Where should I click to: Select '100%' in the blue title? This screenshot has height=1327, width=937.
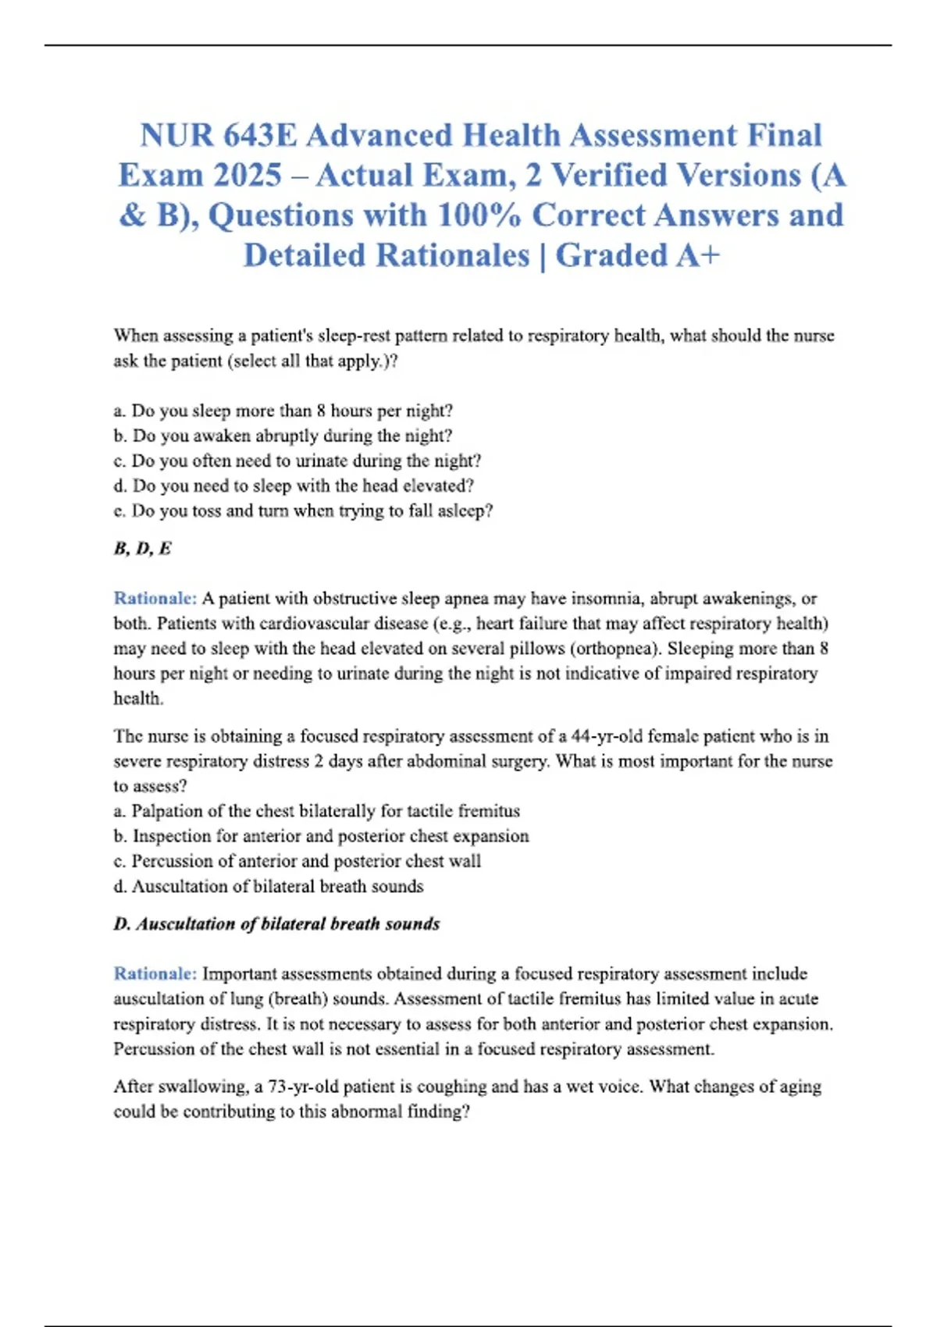pyautogui.click(x=478, y=215)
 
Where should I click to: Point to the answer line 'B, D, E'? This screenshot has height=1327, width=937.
pyautogui.click(x=142, y=548)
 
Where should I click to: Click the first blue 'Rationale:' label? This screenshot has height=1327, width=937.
pyautogui.click(x=155, y=598)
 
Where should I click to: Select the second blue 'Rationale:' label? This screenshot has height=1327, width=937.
pyautogui.click(x=155, y=973)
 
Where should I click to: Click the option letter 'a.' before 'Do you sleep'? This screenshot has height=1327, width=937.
pyautogui.click(x=119, y=411)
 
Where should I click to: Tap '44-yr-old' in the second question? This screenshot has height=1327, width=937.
pyautogui.click(x=607, y=736)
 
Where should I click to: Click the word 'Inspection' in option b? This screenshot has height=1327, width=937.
pyautogui.click(x=172, y=836)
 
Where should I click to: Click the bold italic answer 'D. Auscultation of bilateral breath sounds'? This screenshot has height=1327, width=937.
pyautogui.click(x=276, y=923)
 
